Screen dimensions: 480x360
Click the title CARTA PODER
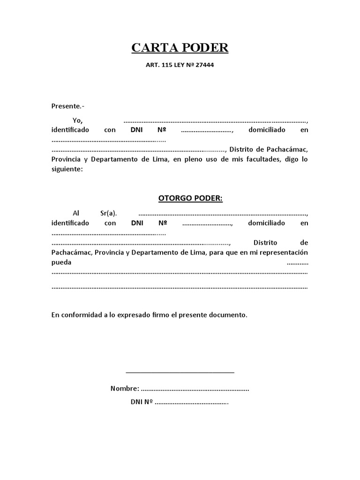tap(180, 48)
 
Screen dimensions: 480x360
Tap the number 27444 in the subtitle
tap(203, 65)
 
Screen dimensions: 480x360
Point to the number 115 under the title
tap(167, 65)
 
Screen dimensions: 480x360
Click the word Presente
tap(64, 106)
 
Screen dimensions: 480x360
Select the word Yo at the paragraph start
tap(77, 120)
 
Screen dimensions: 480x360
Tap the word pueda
tap(61, 263)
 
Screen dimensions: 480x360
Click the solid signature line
tap(180, 373)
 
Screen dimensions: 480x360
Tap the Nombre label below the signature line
tap(124, 389)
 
